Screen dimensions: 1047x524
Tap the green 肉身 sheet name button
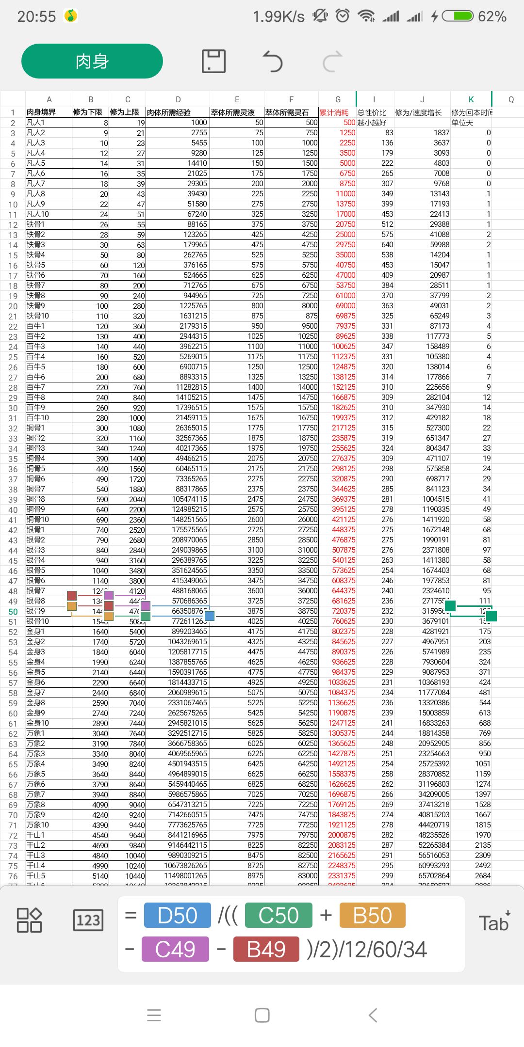[92, 61]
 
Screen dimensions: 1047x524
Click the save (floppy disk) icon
[213, 61]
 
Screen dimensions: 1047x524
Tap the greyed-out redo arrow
[332, 62]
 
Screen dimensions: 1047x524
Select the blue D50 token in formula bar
[178, 916]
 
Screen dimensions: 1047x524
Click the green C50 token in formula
[278, 916]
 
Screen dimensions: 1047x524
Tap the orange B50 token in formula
[372, 916]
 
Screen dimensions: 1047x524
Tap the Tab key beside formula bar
[494, 922]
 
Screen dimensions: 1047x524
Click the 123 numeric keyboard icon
[88, 920]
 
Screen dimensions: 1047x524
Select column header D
[178, 99]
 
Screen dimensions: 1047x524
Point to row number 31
[13, 418]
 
